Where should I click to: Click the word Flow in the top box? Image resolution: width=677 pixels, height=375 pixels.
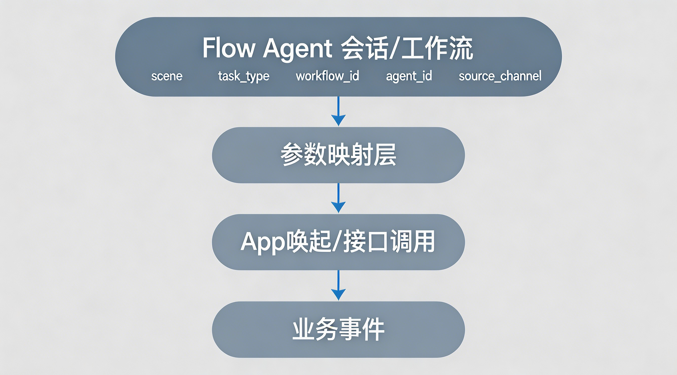pyautogui.click(x=228, y=48)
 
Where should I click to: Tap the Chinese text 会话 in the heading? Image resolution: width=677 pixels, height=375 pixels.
pyautogui.click(x=364, y=48)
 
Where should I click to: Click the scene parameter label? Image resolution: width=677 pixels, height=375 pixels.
pyautogui.click(x=167, y=76)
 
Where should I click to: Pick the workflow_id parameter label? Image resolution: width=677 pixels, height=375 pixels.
pyautogui.click(x=327, y=76)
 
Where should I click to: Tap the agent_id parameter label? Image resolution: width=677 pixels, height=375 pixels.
pyautogui.click(x=409, y=76)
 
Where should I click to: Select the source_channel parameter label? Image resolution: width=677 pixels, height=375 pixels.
pyautogui.click(x=500, y=76)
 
